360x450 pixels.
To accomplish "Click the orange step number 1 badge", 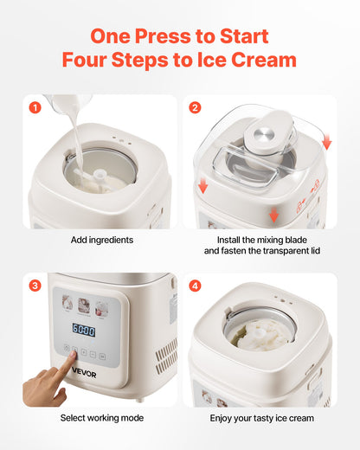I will point(35,108).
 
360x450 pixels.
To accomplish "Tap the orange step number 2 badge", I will point(195,108).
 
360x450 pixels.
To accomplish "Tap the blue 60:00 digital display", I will point(83,331).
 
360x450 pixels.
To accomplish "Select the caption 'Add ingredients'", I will point(101,239).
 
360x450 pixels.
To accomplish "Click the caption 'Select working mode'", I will point(101,417).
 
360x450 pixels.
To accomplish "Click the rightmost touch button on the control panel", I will point(106,351).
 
